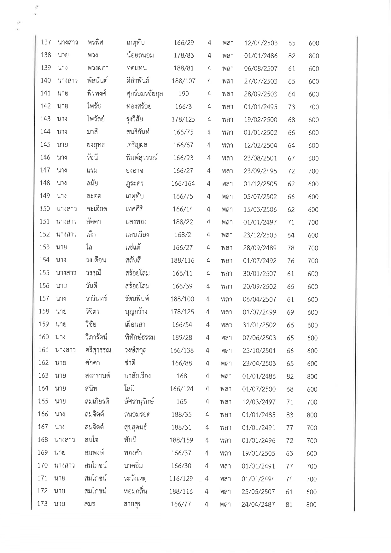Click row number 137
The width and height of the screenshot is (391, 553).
46,42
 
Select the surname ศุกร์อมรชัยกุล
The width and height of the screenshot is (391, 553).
144,94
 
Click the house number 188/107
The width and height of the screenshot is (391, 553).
184,81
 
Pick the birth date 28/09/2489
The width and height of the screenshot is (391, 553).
260,248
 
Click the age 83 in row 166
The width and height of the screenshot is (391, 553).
290,415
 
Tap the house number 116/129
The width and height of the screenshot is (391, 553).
181,479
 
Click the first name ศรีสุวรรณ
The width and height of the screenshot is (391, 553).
98,350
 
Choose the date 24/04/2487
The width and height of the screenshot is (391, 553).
258,504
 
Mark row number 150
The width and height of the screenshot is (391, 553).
45,209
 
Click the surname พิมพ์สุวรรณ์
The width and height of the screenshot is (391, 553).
141,158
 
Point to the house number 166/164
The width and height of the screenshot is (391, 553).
183,183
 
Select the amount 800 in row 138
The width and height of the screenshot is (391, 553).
314,56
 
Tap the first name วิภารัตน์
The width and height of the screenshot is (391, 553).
96,337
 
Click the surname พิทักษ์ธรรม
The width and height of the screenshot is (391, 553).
139,337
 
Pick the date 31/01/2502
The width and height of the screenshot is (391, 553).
259,325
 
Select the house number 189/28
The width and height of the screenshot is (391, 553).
182,338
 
